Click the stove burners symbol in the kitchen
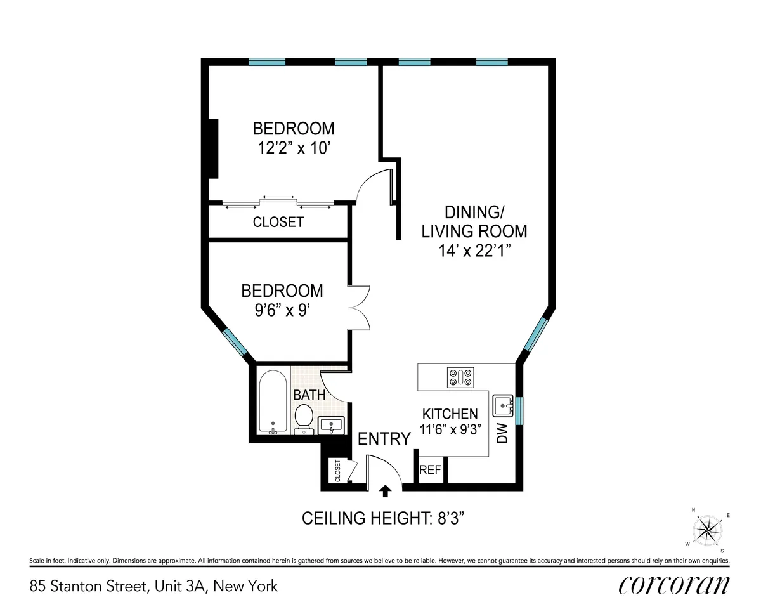pyautogui.click(x=461, y=377)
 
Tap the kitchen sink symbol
pyautogui.click(x=504, y=403)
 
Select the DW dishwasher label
pyautogui.click(x=503, y=434)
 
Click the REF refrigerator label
pyautogui.click(x=431, y=471)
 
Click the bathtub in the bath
pyautogui.click(x=273, y=402)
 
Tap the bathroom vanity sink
pyautogui.click(x=330, y=424)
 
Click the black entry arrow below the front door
pyautogui.click(x=385, y=490)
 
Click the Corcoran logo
pyautogui.click(x=673, y=584)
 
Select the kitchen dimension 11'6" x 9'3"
pyautogui.click(x=450, y=428)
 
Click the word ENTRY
pyautogui.click(x=384, y=439)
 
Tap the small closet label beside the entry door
pyautogui.click(x=337, y=471)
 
